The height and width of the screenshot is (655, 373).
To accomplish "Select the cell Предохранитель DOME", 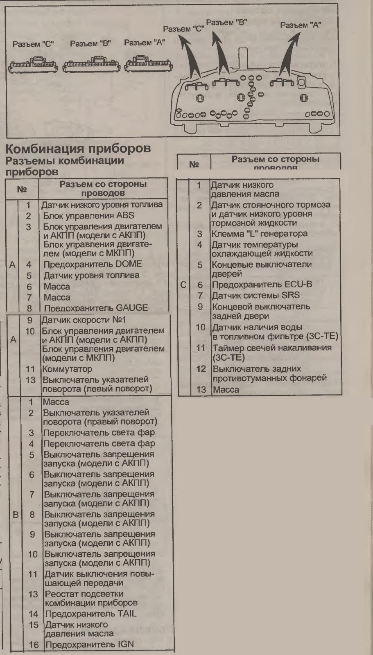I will click(93, 264).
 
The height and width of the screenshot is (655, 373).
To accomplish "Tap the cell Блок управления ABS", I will click(88, 216).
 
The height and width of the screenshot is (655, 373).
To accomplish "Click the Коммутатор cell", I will click(68, 369).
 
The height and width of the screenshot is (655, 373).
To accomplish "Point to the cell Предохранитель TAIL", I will click(90, 614).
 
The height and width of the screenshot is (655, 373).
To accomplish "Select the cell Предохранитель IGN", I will click(89, 645).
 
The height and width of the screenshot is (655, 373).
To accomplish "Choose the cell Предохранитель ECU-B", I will click(261, 285).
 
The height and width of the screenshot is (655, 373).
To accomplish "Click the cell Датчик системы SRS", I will click(255, 295).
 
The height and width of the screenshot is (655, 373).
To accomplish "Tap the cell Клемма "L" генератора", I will click(259, 234).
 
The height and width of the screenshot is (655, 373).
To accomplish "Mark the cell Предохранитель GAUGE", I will click(95, 308).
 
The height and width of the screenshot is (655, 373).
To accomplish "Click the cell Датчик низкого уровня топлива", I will click(102, 205).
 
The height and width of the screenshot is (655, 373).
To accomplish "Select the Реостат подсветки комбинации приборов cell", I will click(91, 599).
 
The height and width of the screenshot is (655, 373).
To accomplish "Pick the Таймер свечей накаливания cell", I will click(271, 352).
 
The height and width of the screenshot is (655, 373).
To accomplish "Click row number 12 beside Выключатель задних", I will click(201, 369).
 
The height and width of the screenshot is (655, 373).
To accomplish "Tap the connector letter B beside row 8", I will click(16, 515).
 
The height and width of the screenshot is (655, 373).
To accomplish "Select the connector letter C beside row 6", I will click(183, 285).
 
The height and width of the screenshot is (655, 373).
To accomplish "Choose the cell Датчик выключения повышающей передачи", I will click(99, 578).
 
